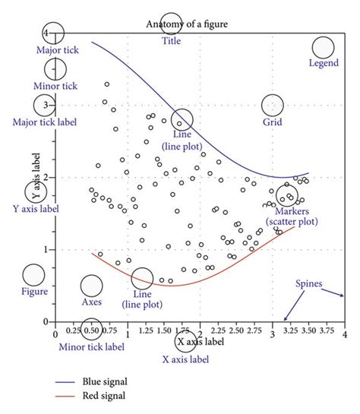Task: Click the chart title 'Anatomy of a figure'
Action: click(187, 24)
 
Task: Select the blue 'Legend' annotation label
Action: click(324, 63)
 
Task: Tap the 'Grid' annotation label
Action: click(273, 122)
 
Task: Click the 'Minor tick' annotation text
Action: click(54, 86)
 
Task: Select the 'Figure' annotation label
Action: click(34, 291)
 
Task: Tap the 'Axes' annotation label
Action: click(91, 302)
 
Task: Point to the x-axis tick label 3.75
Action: click(325, 332)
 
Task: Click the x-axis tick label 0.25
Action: click(74, 332)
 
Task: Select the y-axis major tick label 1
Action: click(47, 249)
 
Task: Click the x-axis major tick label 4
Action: click(344, 333)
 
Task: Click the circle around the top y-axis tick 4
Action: click(53, 33)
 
